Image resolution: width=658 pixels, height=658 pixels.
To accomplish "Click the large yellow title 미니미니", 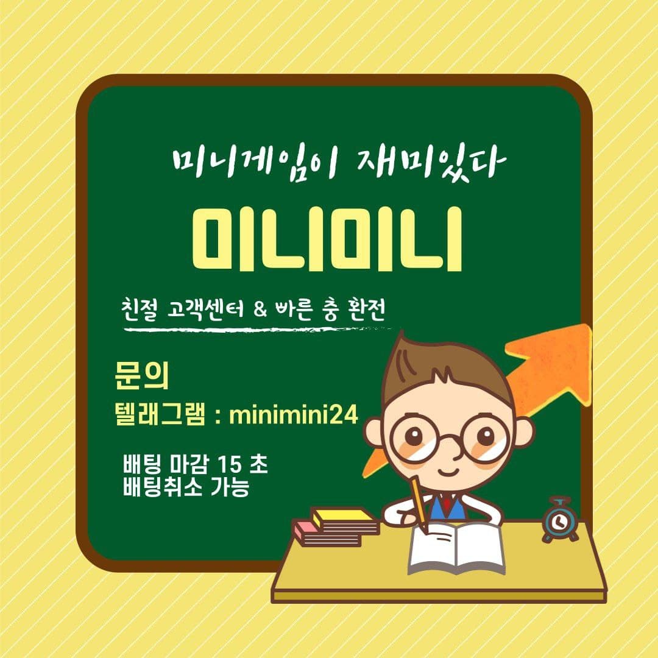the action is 327,238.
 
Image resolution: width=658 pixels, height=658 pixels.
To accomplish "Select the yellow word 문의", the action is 141,375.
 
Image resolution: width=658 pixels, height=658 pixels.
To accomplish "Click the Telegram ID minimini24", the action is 294,416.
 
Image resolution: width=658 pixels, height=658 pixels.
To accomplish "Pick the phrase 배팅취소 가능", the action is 186,487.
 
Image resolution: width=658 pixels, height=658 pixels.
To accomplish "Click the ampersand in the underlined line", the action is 260,311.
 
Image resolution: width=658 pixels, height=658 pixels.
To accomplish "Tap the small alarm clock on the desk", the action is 560,520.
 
